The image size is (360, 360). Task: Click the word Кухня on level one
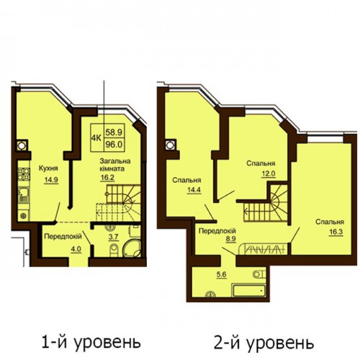coord(48,168)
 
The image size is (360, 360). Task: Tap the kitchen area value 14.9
coord(51,180)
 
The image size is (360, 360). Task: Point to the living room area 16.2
coord(107,177)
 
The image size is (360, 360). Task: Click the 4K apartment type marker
coord(97,138)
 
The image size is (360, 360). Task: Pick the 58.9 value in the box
coord(114,132)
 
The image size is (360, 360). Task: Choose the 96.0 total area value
coord(114,145)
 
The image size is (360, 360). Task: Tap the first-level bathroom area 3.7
coord(114,237)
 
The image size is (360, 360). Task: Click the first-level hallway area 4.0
coord(76,249)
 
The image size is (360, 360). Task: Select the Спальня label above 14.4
coord(186,180)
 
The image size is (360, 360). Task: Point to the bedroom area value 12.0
coord(269,174)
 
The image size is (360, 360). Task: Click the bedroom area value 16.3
coord(336,232)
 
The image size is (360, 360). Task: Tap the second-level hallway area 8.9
coord(225,239)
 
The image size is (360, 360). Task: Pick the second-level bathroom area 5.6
coord(222,274)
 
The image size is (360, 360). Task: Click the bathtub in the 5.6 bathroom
coord(248,290)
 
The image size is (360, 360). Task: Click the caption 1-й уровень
coord(91,343)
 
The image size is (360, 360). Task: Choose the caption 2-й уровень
coord(264,343)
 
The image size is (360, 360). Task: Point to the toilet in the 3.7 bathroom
coord(114,250)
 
